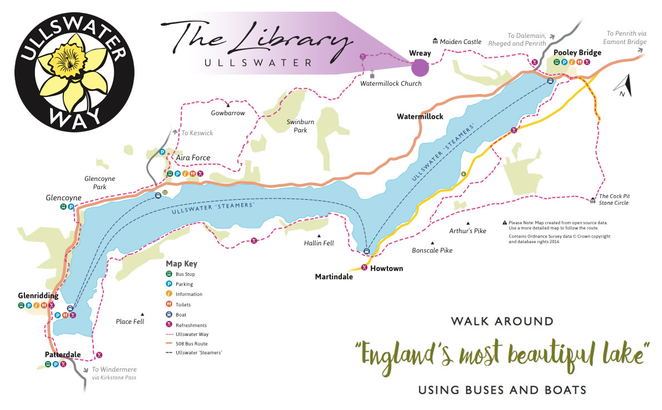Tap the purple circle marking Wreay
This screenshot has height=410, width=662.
(x=420, y=68)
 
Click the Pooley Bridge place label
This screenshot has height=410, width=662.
(x=578, y=53)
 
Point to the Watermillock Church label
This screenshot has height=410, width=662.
(x=391, y=83)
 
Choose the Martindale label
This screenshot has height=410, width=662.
(x=334, y=276)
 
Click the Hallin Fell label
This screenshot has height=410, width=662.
(x=318, y=243)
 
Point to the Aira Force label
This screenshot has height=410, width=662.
(x=193, y=158)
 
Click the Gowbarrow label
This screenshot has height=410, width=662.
(x=228, y=113)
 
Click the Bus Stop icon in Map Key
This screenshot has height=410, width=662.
(x=169, y=274)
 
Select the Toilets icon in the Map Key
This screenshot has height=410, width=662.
(x=169, y=305)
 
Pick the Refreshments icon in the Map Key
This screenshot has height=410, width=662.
(x=169, y=325)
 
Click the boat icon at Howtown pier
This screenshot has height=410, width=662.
(x=366, y=251)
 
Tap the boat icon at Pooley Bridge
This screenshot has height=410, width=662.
(x=550, y=81)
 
